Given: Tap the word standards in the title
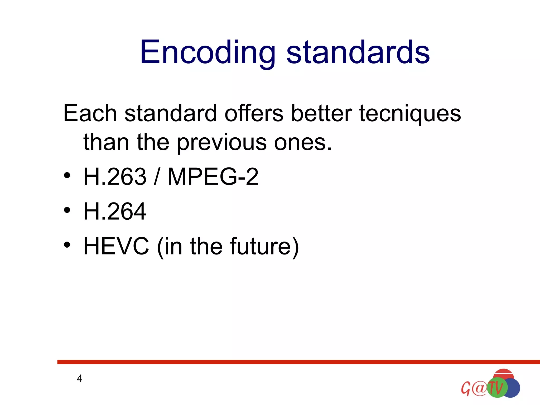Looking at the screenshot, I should [358, 52].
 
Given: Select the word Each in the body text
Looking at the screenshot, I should [90, 113].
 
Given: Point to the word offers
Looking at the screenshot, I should [254, 113].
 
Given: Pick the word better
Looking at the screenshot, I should [321, 113].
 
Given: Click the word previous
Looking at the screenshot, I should [221, 143].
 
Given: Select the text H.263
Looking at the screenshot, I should [115, 176].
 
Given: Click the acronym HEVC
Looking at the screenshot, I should [116, 246].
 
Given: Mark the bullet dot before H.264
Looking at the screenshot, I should [67, 210].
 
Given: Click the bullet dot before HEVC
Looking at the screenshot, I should [67, 245].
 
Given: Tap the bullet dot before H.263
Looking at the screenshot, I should [67, 175].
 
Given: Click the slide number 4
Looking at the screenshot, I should [79, 379].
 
